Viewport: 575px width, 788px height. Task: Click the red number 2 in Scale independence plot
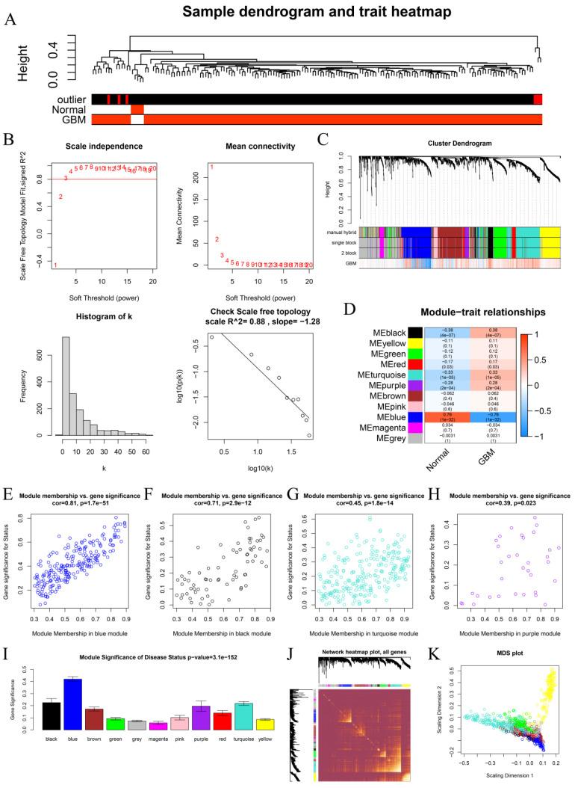pyautogui.click(x=60, y=197)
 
